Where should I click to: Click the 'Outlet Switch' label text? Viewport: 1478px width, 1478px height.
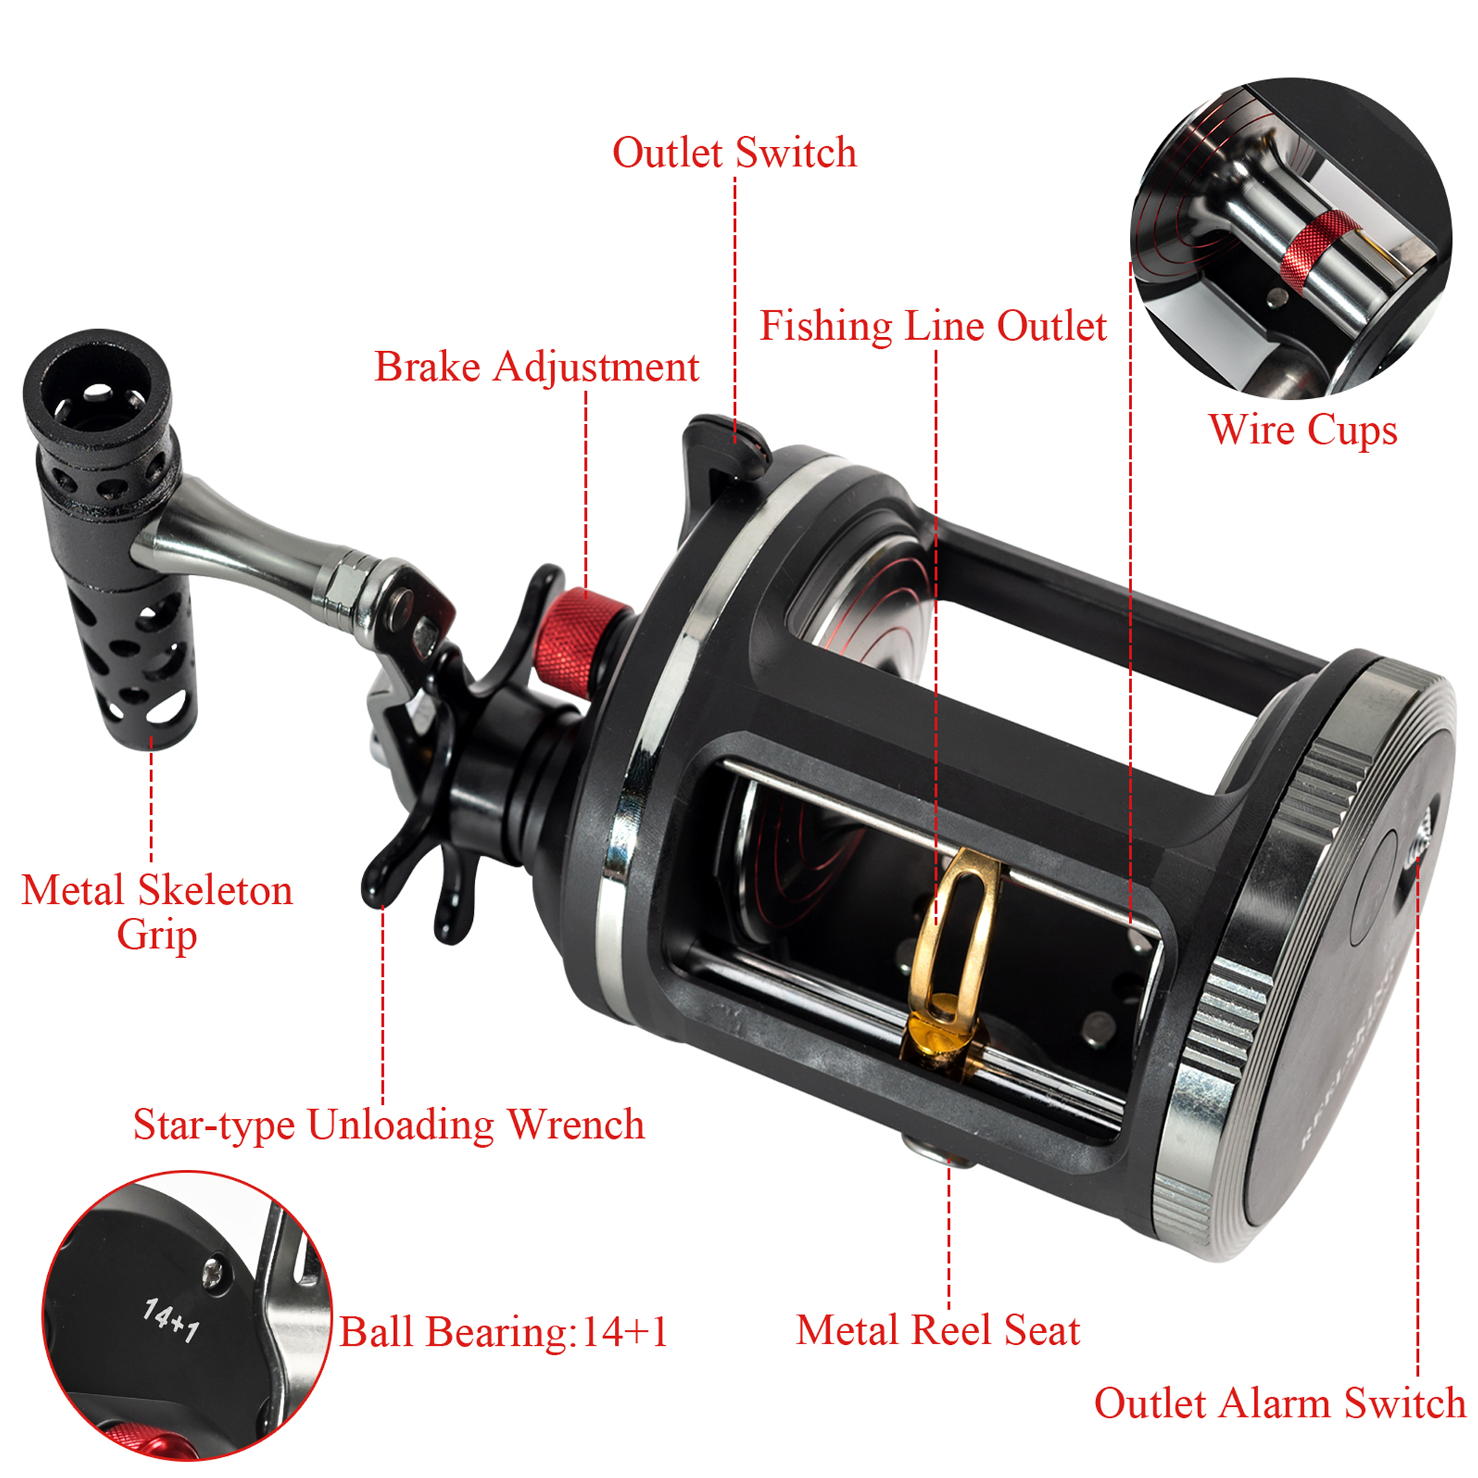coord(735,153)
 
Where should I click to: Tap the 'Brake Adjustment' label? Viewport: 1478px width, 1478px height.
coord(537,367)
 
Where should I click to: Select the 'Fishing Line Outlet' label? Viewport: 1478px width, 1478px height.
coord(933,327)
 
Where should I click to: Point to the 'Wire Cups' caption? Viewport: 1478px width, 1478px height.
coord(1303,429)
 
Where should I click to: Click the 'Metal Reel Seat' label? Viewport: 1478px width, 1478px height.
coord(937,1330)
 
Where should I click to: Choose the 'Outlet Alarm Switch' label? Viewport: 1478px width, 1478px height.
coord(1279,1404)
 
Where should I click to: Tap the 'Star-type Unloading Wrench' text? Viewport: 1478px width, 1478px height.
coord(389,1125)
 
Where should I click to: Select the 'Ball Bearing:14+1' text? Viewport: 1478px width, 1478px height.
coord(503,1332)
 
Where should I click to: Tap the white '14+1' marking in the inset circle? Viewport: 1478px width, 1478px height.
coord(171,1321)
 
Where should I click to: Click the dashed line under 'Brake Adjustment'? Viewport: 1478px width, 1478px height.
coord(586,490)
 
